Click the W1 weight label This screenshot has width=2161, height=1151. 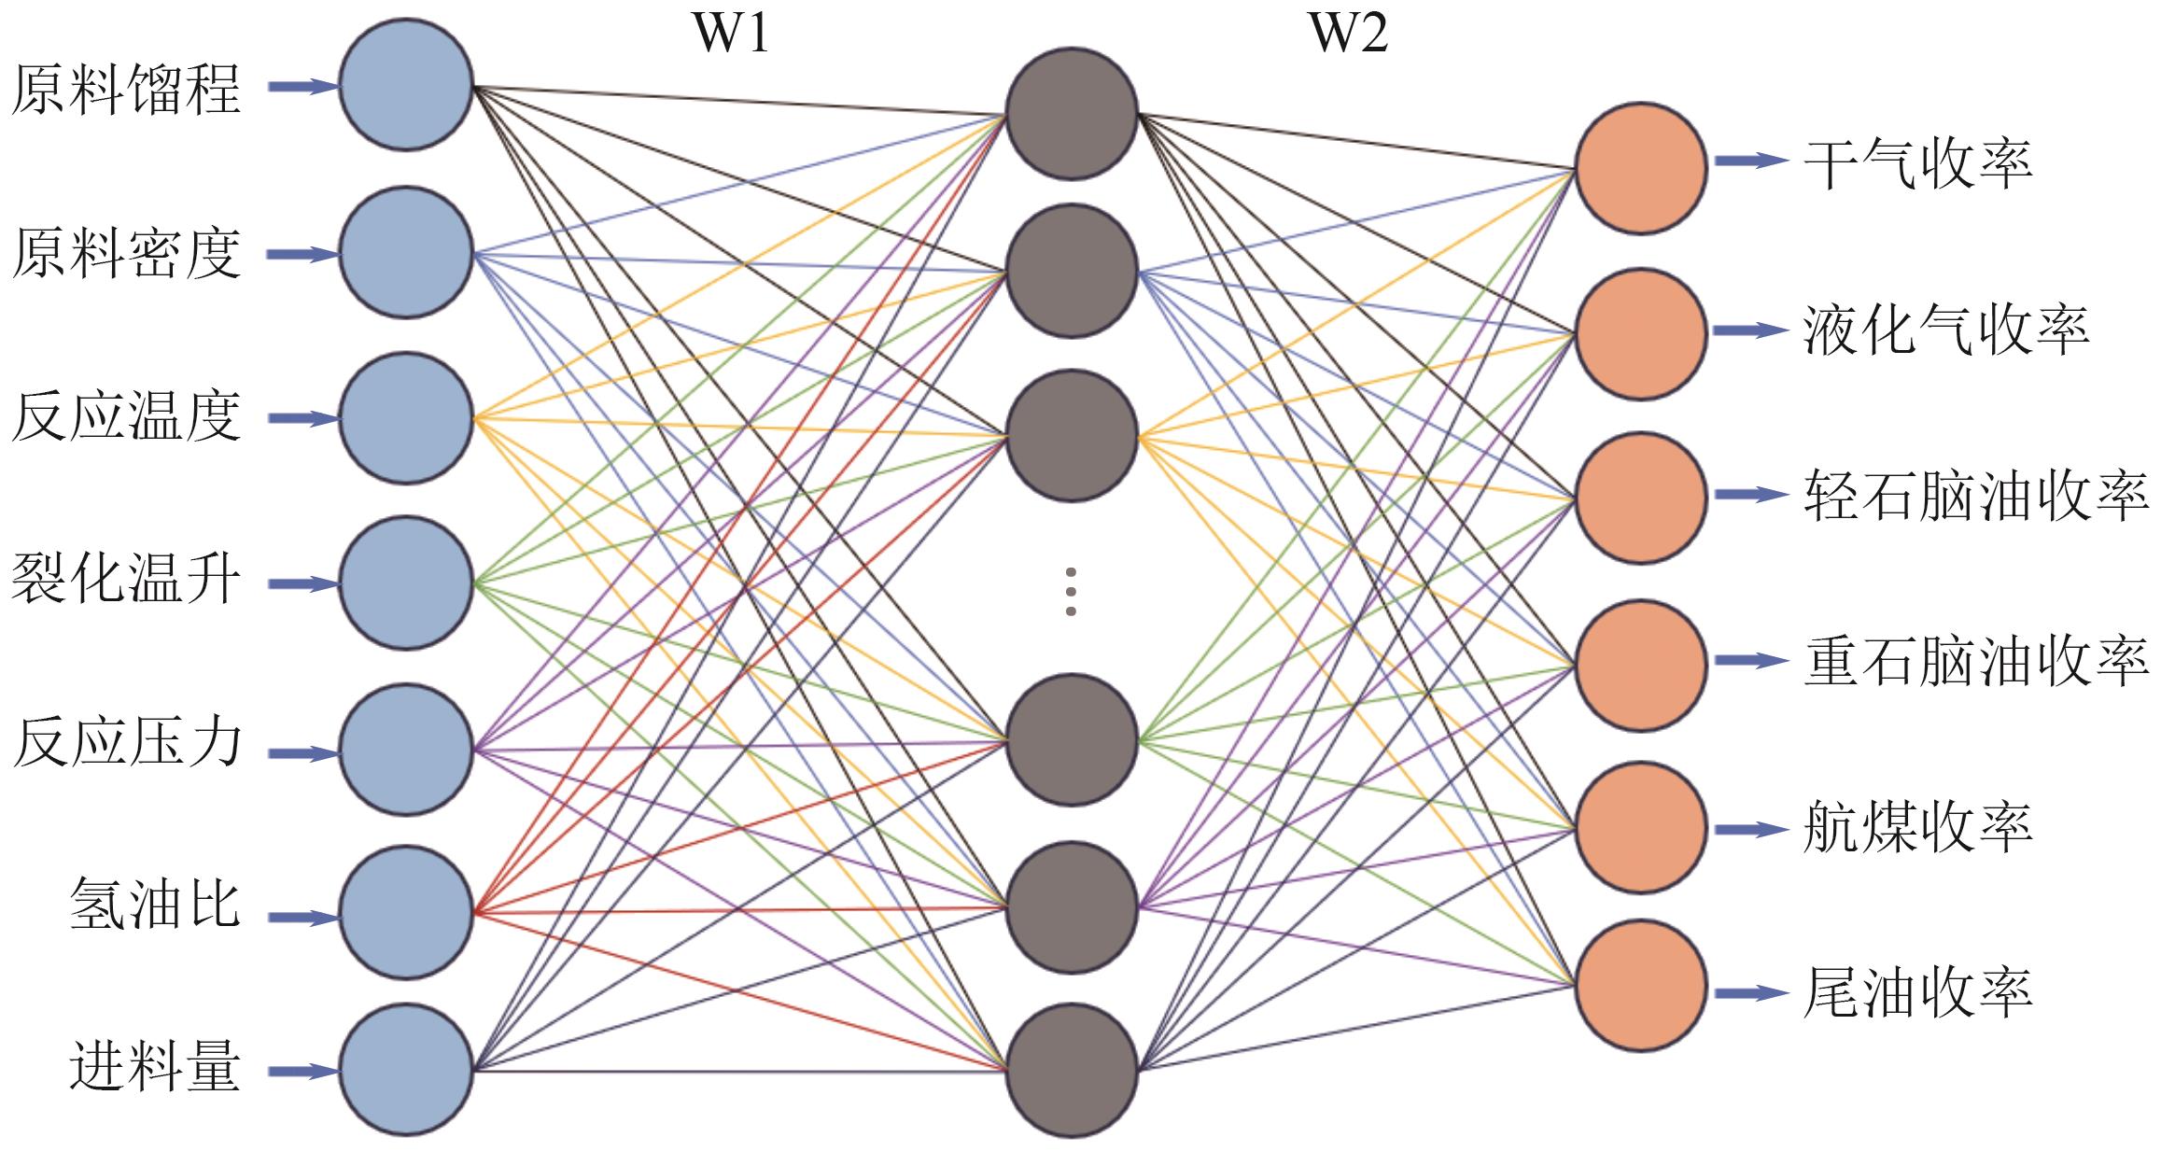point(731,34)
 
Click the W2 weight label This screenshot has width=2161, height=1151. point(1348,34)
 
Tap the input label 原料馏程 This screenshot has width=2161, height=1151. point(127,90)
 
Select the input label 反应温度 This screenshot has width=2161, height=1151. point(127,416)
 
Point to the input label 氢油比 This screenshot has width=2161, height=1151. point(155,904)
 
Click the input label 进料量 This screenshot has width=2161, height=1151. point(155,1066)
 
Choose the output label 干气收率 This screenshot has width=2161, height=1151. point(1917,164)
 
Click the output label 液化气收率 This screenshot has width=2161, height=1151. point(1945,330)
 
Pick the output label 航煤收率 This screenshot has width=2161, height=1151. point(1917,827)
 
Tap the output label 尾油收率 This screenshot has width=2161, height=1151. point(1917,991)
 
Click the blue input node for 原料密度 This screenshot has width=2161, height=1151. point(406,252)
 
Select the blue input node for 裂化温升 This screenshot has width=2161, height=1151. point(406,583)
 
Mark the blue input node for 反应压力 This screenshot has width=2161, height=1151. point(406,749)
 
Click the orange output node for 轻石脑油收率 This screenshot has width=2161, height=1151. point(1640,497)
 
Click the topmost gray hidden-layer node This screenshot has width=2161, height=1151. point(1072,114)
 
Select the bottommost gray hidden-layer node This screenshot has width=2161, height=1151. point(1072,1070)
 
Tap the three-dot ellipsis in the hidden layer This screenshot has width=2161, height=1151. point(1071,591)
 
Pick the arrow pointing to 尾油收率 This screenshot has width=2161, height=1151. point(1749,993)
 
